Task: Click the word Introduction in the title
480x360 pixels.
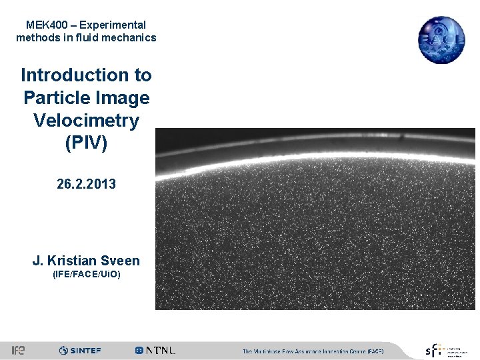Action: click(x=86, y=75)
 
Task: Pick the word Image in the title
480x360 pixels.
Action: click(x=121, y=98)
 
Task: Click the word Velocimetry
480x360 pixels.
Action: click(x=86, y=121)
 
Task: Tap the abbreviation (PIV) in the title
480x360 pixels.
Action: click(x=86, y=143)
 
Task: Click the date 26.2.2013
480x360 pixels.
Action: click(x=86, y=183)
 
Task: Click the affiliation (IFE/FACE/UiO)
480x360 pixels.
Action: click(x=86, y=274)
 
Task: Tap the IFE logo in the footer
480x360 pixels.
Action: click(x=18, y=350)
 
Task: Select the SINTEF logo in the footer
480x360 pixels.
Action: click(x=80, y=350)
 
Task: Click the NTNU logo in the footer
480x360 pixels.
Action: click(x=155, y=350)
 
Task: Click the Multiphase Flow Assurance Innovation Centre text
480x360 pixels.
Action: click(x=312, y=351)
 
